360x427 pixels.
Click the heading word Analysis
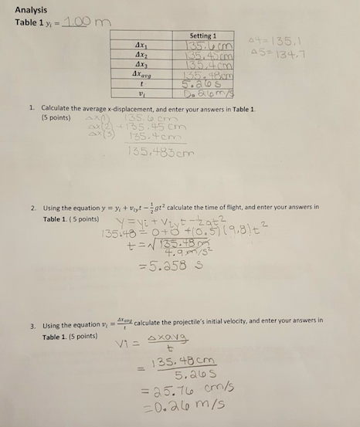[31, 9]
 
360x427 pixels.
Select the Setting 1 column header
[202, 36]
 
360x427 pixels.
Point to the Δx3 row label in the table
[140, 66]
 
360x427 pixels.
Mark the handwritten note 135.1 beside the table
[266, 43]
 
